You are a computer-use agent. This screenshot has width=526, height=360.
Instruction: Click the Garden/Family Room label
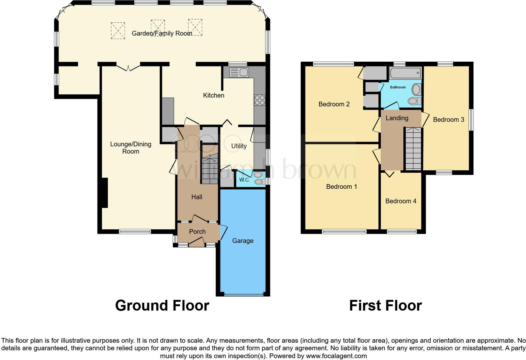coord(162,33)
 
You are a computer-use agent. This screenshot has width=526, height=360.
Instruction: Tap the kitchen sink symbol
coord(239,73)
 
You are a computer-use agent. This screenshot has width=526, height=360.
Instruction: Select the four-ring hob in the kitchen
coord(260,100)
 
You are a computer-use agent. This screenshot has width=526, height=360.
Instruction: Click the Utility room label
coord(239,146)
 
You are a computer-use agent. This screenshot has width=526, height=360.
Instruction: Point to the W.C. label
coord(244,180)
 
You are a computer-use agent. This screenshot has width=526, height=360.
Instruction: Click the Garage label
coord(243,241)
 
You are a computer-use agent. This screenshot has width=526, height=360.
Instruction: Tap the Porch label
coord(197,232)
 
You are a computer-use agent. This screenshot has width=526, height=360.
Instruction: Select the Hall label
coord(197,197)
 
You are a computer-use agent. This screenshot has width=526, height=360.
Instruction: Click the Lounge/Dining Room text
coord(131,148)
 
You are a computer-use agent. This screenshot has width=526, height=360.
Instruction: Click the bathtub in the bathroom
coord(405,73)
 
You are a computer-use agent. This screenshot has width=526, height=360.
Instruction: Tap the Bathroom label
coord(398,87)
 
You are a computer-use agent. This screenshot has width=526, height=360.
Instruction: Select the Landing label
coord(397,118)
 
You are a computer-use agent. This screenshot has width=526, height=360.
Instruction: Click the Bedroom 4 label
coord(400,201)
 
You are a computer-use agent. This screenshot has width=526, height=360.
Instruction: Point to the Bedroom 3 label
coord(448,120)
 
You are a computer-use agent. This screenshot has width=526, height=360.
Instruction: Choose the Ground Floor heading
coord(162,306)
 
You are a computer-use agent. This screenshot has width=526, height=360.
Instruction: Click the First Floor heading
coord(385,306)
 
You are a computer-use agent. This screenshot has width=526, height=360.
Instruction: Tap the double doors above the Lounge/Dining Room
coord(128,67)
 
